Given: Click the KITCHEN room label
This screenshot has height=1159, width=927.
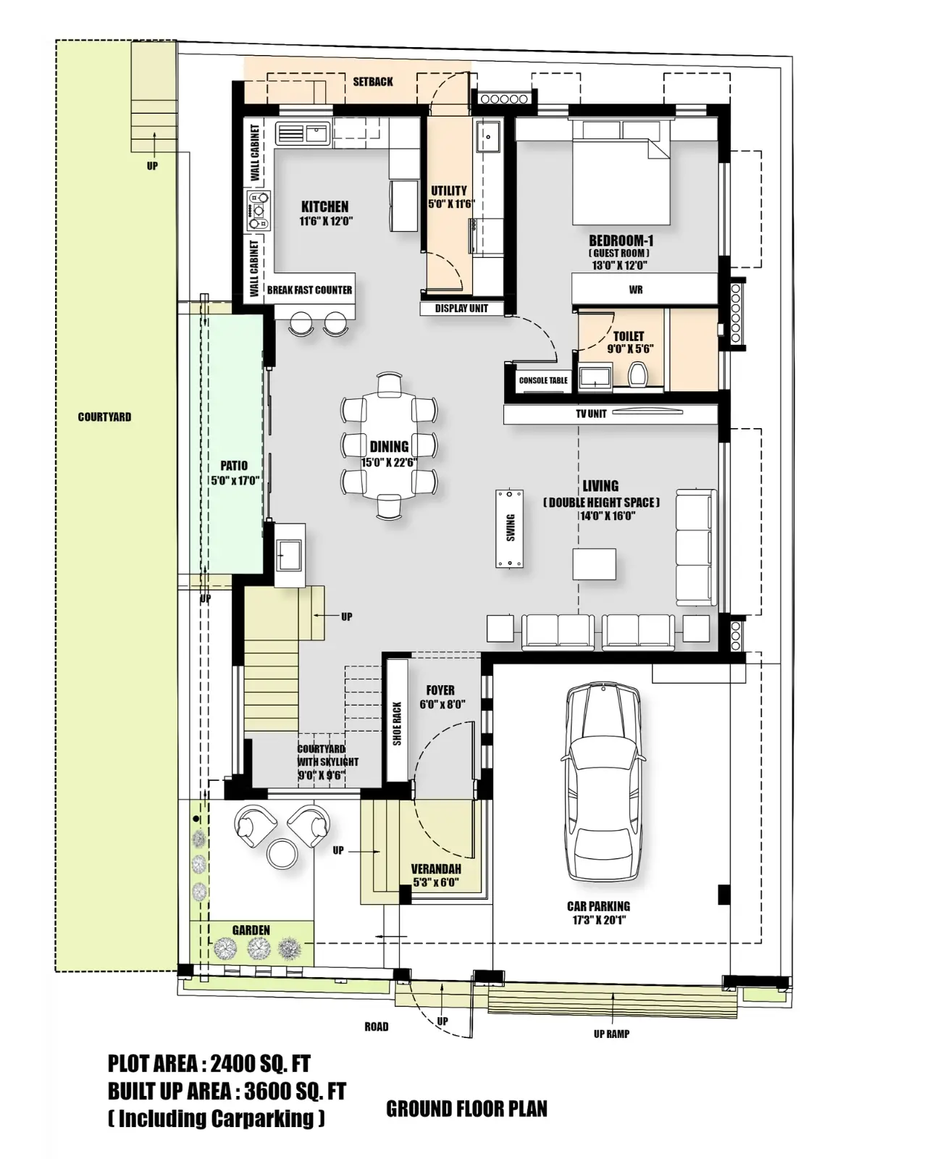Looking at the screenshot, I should (x=324, y=207).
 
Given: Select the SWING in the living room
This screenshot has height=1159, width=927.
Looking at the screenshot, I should (x=511, y=529).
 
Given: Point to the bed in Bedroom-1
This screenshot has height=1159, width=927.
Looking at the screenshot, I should (x=621, y=174).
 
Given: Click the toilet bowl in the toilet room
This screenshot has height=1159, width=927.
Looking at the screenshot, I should (x=637, y=375).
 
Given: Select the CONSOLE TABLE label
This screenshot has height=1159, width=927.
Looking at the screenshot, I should (x=543, y=380).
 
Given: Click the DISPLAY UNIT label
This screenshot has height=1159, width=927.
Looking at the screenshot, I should (x=461, y=309).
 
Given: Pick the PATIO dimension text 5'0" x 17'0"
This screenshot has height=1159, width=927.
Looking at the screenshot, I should (x=234, y=480).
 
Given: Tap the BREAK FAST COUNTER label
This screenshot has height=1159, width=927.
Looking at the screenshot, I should (x=309, y=290).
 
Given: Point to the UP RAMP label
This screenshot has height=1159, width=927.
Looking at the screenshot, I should (x=611, y=1034).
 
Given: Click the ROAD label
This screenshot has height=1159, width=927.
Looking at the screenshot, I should (x=376, y=1026).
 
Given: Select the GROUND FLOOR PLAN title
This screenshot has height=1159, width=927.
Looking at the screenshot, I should (x=466, y=1109).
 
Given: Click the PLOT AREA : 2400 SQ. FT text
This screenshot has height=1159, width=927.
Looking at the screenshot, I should (x=209, y=1063).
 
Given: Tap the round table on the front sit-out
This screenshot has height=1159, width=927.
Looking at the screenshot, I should (x=281, y=853).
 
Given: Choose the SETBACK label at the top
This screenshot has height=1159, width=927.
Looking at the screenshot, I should (x=373, y=82).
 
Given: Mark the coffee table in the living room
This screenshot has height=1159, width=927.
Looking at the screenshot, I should (x=594, y=564).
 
